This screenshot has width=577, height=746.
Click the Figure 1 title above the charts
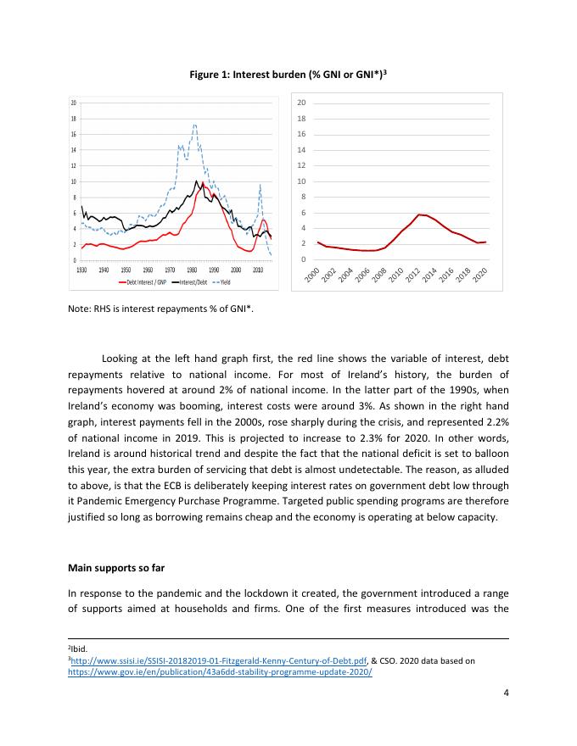[x=288, y=75]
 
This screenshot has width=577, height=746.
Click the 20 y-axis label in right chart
[x=302, y=103]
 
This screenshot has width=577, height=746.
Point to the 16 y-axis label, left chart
[x=74, y=135]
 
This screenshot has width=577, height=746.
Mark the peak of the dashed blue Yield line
[x=194, y=125]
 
